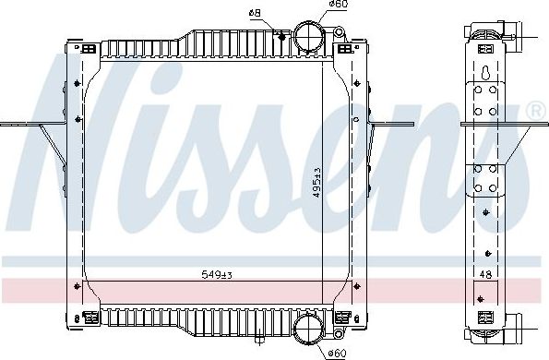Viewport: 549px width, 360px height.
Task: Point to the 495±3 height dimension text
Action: (x=316, y=183)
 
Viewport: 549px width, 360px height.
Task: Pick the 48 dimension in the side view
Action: (x=485, y=273)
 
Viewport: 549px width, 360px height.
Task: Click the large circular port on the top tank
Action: (x=307, y=38)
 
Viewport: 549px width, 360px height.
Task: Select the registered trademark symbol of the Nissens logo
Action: (x=534, y=111)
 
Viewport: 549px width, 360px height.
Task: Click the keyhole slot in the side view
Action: (x=485, y=71)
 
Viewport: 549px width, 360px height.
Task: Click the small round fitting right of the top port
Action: (x=340, y=34)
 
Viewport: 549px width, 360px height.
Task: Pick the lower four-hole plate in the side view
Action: (x=485, y=179)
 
